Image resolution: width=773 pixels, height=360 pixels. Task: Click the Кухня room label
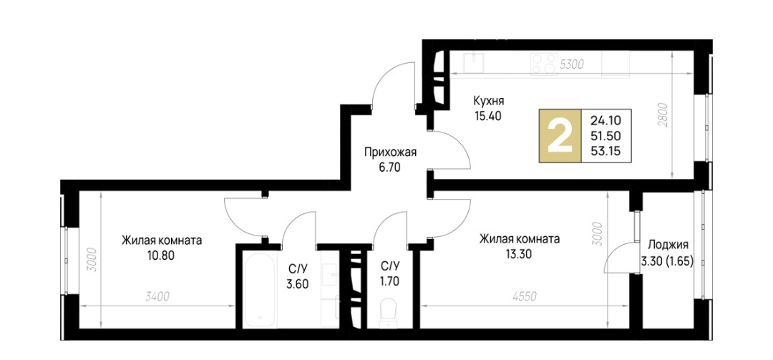coord(488,102)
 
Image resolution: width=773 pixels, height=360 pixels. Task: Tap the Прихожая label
coord(391,152)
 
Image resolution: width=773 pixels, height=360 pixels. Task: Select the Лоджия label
coord(668,245)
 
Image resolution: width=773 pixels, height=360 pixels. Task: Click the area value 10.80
coord(161,256)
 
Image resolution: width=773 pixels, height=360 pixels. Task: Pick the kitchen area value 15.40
coord(487,117)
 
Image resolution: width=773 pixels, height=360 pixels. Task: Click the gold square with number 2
coord(560,136)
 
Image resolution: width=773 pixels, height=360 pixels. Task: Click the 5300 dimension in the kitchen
coord(573,64)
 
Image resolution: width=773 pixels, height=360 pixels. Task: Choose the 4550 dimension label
coord(525,296)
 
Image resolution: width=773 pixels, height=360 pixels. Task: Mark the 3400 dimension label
coord(157,296)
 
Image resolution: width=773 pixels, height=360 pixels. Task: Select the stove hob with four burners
coord(543,64)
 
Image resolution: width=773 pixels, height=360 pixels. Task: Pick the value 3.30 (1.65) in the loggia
coord(668,262)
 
